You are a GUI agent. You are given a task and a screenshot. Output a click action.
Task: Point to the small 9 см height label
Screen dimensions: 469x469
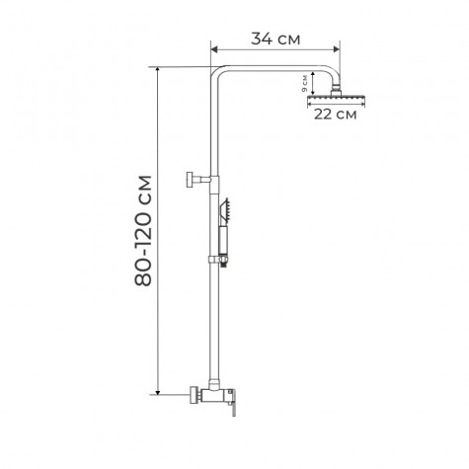pos(304,87)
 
